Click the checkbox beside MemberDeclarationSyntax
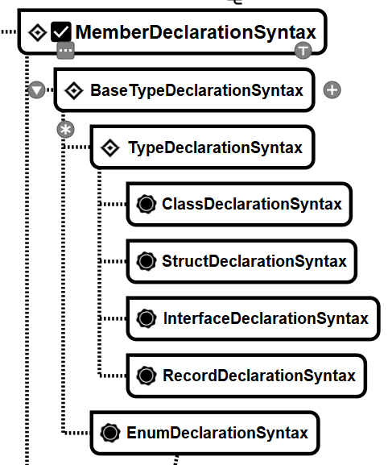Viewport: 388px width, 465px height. pos(61,31)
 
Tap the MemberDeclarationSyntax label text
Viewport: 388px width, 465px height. pos(196,32)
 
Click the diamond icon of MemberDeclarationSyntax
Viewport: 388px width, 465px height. pos(38,32)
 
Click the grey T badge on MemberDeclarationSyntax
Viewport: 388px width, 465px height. pos(303,51)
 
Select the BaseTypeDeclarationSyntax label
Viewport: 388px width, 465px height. pos(197,90)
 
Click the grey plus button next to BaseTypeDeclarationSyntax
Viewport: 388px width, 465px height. pos(332,89)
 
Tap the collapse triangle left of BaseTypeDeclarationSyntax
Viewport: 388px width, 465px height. pos(37,89)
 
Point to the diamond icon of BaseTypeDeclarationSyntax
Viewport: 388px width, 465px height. pos(74,90)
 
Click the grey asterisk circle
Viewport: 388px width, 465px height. pos(65,129)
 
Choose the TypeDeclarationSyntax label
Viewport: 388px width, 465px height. pos(215,147)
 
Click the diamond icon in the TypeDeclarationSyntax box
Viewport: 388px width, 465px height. pos(110,147)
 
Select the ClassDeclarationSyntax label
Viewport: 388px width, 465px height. pos(252,204)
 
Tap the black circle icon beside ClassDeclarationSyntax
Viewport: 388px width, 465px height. pos(147,204)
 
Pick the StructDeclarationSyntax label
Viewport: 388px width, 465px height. pos(254,261)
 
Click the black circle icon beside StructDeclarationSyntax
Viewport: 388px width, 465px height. pos(147,261)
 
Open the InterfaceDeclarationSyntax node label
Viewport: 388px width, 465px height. pos(266,318)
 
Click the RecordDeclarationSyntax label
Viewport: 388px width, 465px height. pos(259,376)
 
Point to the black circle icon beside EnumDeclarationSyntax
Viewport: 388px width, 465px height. pos(110,433)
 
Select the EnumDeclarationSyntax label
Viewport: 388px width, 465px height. pos(217,433)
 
